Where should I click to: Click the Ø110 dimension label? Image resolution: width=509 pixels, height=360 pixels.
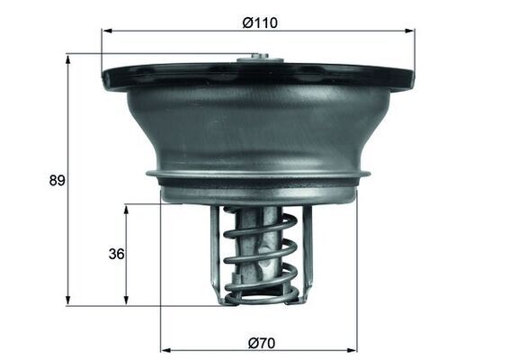260,22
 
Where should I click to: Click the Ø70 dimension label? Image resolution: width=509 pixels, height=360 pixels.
259,342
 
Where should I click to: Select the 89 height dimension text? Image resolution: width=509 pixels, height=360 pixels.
57,180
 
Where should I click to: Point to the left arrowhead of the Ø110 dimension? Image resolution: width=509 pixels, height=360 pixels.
106,31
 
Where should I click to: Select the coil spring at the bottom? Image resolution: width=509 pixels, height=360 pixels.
261,256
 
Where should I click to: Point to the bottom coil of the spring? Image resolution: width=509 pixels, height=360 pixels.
261,292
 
